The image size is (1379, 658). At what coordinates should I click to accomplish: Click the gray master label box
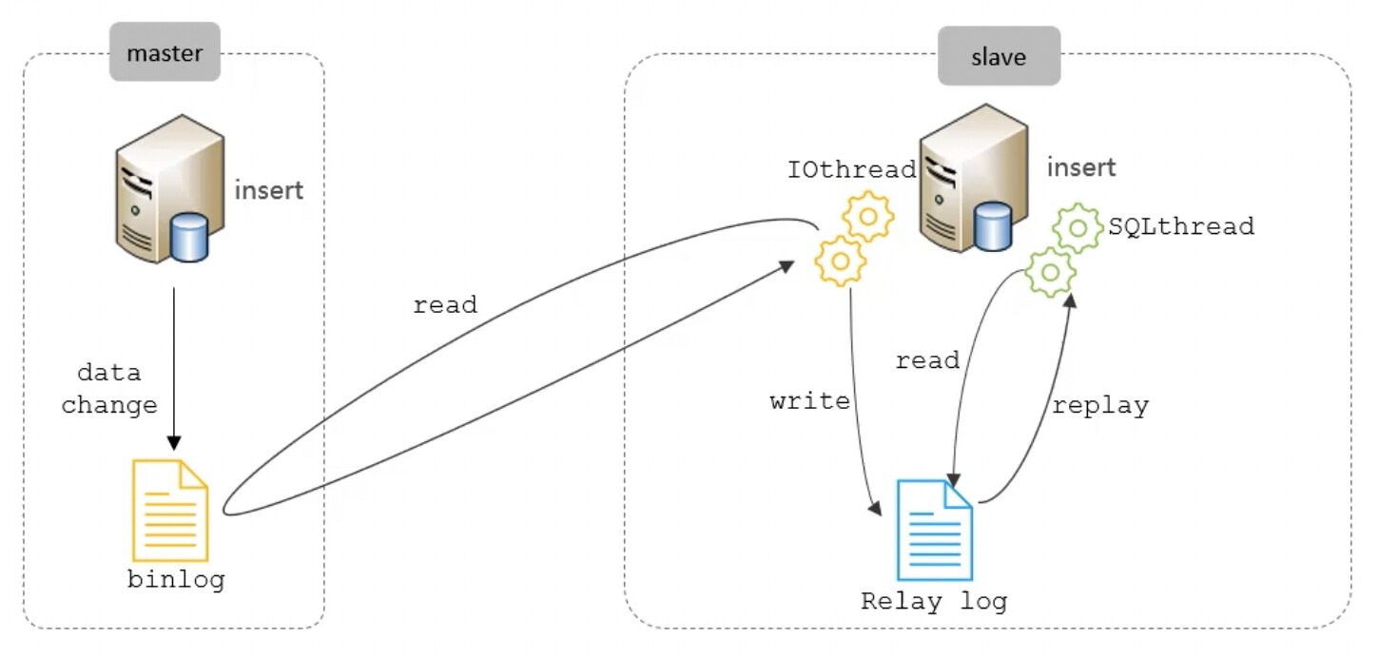tap(165, 51)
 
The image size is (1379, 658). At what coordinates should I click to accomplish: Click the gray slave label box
tap(999, 56)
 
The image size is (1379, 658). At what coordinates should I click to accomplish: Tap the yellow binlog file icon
tap(170, 510)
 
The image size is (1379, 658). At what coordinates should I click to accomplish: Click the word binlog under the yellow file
tap(176, 579)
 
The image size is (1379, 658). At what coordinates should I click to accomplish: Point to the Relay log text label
tap(933, 602)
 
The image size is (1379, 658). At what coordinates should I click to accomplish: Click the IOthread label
tap(851, 170)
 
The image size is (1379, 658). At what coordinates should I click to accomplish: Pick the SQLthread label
tap(1181, 226)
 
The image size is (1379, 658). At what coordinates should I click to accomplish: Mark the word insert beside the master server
tap(269, 190)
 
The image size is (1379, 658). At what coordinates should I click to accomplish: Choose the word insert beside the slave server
tap(1081, 168)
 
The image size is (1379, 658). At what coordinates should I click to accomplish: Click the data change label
tap(109, 389)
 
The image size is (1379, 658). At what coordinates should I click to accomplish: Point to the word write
tap(810, 401)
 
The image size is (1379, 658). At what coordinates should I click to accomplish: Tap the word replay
tap(1100, 406)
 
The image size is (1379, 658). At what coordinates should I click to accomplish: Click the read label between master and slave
tap(445, 305)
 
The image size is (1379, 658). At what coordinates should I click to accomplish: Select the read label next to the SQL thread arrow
tap(928, 361)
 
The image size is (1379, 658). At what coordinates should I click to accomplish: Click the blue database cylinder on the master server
tap(190, 238)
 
